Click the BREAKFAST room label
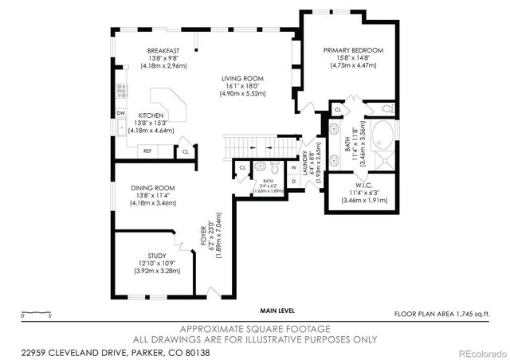(163, 51)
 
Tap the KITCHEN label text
(151, 115)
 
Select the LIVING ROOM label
(242, 79)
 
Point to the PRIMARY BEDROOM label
(353, 50)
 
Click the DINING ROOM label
(153, 188)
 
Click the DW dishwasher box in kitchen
(121, 113)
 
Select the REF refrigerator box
(147, 150)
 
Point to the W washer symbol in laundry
(293, 168)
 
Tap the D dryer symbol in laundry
(293, 182)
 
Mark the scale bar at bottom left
(37, 312)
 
